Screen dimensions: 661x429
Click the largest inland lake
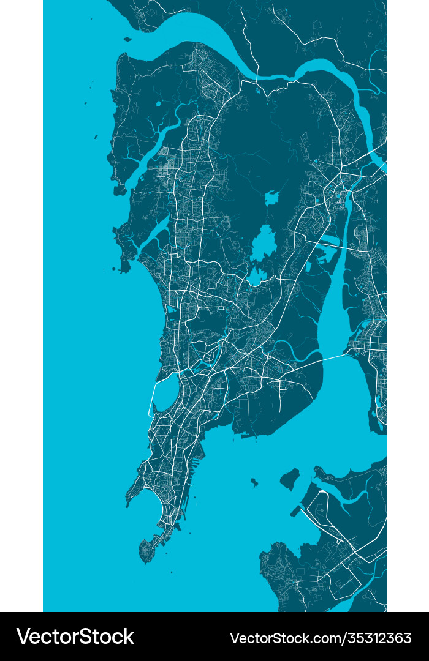pos(264,244)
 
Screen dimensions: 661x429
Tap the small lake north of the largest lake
pos(271,198)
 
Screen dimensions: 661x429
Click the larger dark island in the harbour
pos(290,479)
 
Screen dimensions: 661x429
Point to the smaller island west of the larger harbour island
pos(254,482)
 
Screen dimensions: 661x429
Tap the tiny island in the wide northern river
pos(127,39)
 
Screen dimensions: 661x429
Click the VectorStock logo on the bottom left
pos(75,637)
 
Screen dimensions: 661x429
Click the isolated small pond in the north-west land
pos(158,103)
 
